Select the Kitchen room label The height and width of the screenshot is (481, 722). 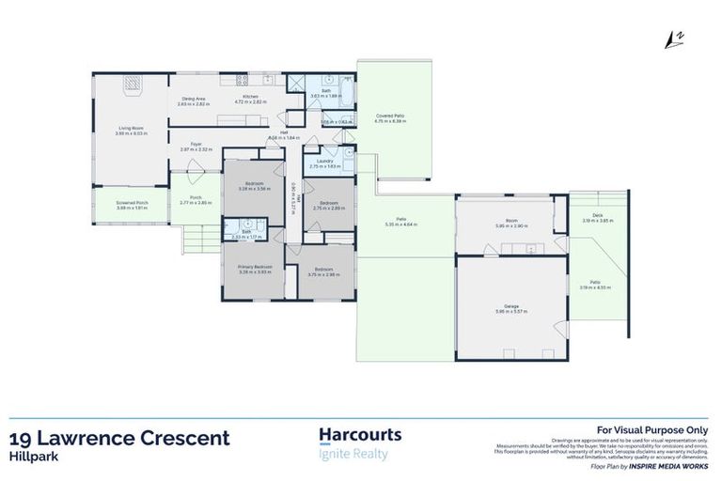(250, 97)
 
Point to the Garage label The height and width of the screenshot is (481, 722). (511, 306)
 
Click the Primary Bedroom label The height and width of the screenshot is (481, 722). (254, 267)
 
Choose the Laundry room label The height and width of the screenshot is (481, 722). (326, 161)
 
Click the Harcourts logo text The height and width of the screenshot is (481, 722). (361, 435)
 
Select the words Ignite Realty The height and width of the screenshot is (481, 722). (353, 455)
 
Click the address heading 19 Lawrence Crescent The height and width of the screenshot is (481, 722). (118, 438)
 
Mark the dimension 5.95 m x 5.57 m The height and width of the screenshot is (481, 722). (511, 312)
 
